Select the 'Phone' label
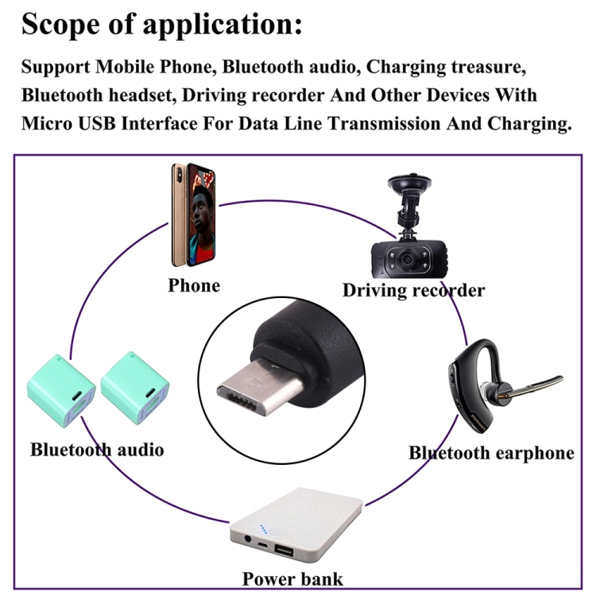pyautogui.click(x=194, y=285)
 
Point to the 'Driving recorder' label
pyautogui.click(x=413, y=290)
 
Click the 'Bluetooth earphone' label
pyautogui.click(x=491, y=453)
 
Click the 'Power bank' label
pyautogui.click(x=293, y=579)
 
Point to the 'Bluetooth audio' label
pyautogui.click(x=97, y=450)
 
